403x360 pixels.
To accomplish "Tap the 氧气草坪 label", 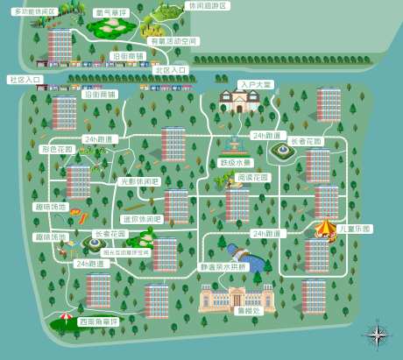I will pyautogui.click(x=110, y=13).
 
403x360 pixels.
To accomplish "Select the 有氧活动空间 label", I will pyautogui.click(x=174, y=41).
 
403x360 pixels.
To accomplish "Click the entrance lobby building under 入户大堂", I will pyautogui.click(x=237, y=102).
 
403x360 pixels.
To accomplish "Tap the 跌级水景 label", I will pyautogui.click(x=236, y=162).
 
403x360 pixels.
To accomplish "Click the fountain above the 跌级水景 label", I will pyautogui.click(x=233, y=145).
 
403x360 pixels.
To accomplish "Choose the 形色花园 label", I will pyautogui.click(x=58, y=150).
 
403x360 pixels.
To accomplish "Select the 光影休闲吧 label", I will pyautogui.click(x=140, y=182).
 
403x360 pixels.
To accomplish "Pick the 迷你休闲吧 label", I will pyautogui.click(x=142, y=219).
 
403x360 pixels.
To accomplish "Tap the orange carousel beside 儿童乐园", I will pyautogui.click(x=325, y=228).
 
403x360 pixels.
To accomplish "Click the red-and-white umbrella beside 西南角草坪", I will pyautogui.click(x=67, y=317).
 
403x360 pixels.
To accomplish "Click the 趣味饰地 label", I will pyautogui.click(x=51, y=207).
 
